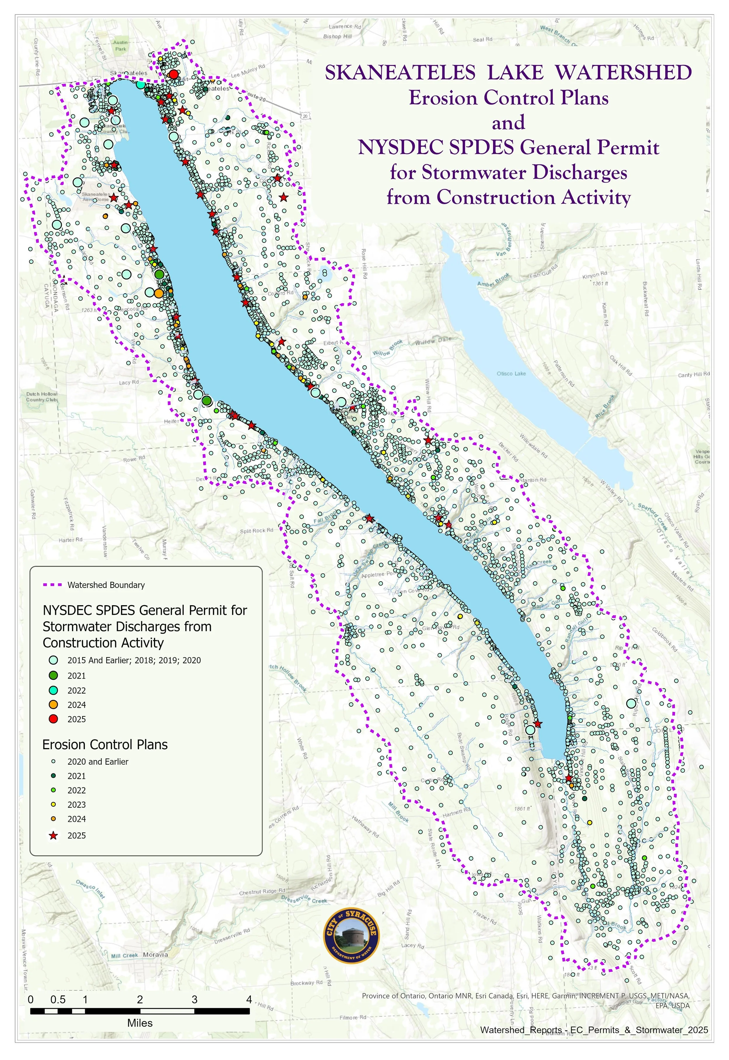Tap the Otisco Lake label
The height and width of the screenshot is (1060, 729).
coord(511,373)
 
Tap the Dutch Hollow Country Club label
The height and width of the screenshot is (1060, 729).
coord(42,397)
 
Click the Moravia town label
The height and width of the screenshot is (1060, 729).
coord(155,954)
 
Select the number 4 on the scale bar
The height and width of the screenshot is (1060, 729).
coord(249,1000)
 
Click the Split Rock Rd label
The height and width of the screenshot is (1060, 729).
coord(257,531)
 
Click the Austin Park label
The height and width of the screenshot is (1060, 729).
coord(121,45)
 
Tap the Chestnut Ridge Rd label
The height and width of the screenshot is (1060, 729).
coord(262,891)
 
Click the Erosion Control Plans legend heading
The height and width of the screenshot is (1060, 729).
coord(105,745)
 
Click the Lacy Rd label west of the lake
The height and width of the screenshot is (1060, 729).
coord(129,383)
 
